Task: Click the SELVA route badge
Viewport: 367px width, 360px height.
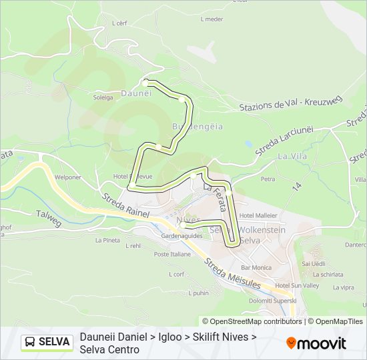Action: (x=46, y=342)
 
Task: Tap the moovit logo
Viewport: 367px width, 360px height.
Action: (x=316, y=343)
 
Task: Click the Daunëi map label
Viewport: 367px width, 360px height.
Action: (x=136, y=94)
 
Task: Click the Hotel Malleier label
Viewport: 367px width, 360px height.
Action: (x=258, y=215)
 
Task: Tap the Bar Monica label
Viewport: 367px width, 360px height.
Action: (x=257, y=267)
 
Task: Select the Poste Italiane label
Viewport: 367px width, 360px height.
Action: (x=171, y=254)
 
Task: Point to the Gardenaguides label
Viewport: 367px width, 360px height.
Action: (x=181, y=235)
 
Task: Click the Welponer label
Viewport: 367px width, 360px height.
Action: (x=68, y=178)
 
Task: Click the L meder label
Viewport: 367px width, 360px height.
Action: (x=212, y=19)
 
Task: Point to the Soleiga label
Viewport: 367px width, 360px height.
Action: (x=103, y=98)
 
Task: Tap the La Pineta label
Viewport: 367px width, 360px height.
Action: (x=107, y=240)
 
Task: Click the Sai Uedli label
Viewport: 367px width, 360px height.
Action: (x=313, y=264)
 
